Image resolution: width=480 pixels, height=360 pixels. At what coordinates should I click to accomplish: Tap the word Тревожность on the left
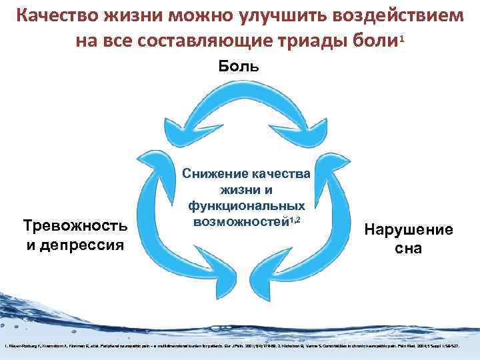(x=75, y=226)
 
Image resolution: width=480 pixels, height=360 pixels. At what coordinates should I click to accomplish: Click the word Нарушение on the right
(x=408, y=231)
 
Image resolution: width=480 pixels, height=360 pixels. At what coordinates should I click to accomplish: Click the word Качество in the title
(x=56, y=15)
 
